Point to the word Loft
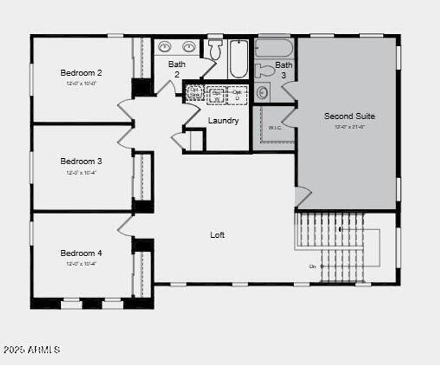click(218, 234)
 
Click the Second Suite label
click(349, 116)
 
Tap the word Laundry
click(223, 120)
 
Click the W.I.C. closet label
click(275, 128)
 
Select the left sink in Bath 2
click(165, 46)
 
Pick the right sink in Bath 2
click(189, 46)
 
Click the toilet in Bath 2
click(214, 49)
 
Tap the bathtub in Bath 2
click(239, 58)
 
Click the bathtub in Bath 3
click(274, 48)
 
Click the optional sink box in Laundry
click(194, 92)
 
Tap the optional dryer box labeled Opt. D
click(237, 95)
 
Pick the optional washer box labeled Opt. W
click(216, 95)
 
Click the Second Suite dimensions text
click(349, 127)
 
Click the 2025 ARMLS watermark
click(32, 350)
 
